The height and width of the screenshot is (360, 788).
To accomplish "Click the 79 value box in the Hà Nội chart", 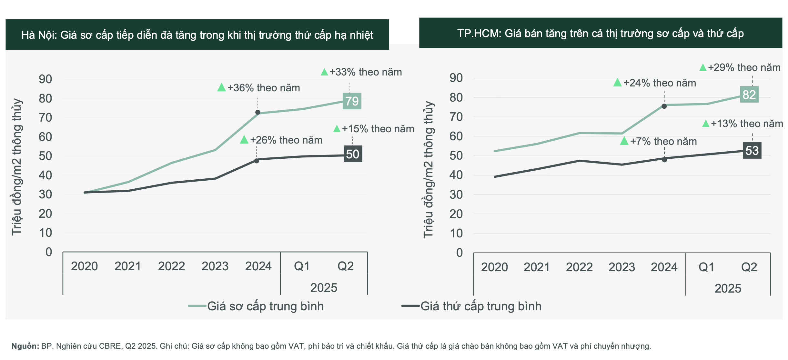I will point(352,101).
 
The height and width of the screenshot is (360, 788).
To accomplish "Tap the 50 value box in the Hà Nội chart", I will point(353,154).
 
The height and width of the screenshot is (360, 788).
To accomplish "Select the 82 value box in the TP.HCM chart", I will point(749,95).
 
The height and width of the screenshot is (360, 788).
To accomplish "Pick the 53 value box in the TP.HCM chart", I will point(752,150).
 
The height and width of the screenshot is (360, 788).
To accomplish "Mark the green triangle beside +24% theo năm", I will point(617,83).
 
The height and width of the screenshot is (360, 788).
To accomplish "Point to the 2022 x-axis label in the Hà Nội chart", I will point(171,266).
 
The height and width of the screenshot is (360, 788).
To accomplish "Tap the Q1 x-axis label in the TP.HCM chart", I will point(706,267).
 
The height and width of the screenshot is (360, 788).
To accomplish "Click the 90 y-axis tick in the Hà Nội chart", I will point(45,79).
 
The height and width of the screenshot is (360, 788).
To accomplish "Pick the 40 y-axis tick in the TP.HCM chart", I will point(456,175).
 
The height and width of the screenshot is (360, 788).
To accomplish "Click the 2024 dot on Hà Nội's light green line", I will point(258,112).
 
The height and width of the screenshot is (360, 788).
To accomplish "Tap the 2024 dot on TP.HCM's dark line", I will point(664,160).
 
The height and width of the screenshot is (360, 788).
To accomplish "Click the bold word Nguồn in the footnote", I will point(25,346).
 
